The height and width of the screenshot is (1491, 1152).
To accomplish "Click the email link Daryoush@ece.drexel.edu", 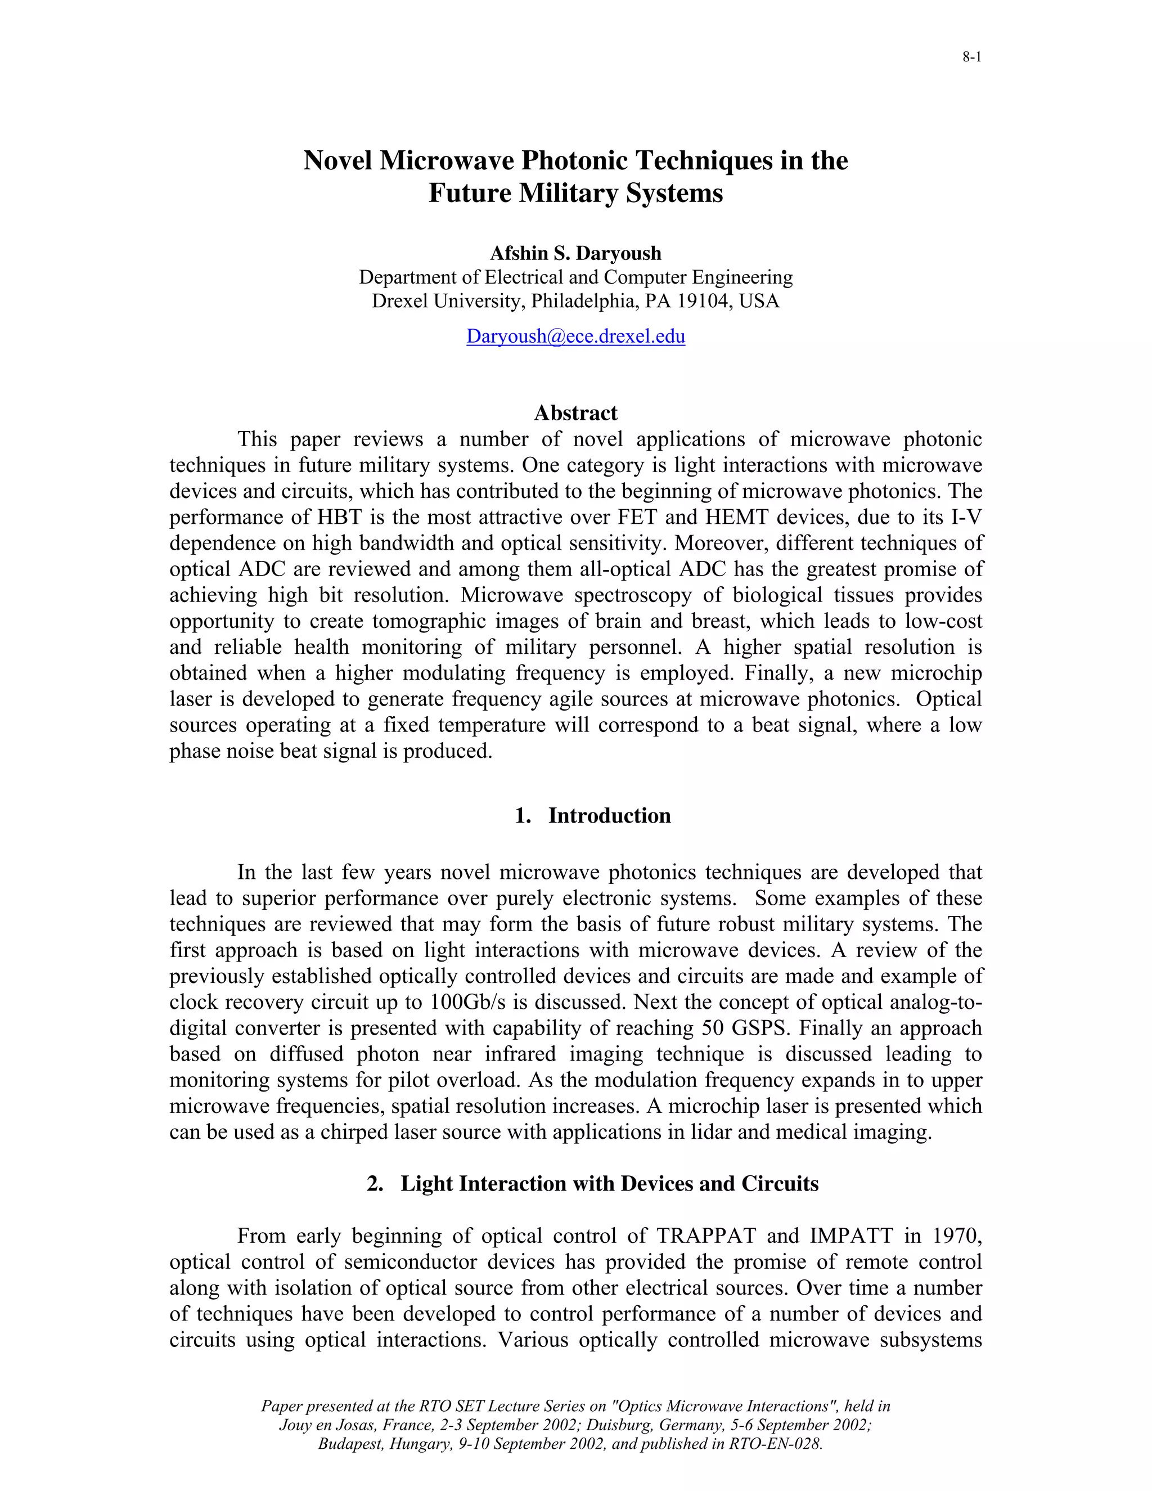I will tap(575, 336).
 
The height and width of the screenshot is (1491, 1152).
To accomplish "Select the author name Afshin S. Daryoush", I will tap(575, 253).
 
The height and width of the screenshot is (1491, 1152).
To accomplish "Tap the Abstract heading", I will tap(575, 413).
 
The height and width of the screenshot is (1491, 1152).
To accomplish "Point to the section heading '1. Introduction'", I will tap(592, 816).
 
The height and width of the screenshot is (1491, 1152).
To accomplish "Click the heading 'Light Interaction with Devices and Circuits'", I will tap(609, 1183).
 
